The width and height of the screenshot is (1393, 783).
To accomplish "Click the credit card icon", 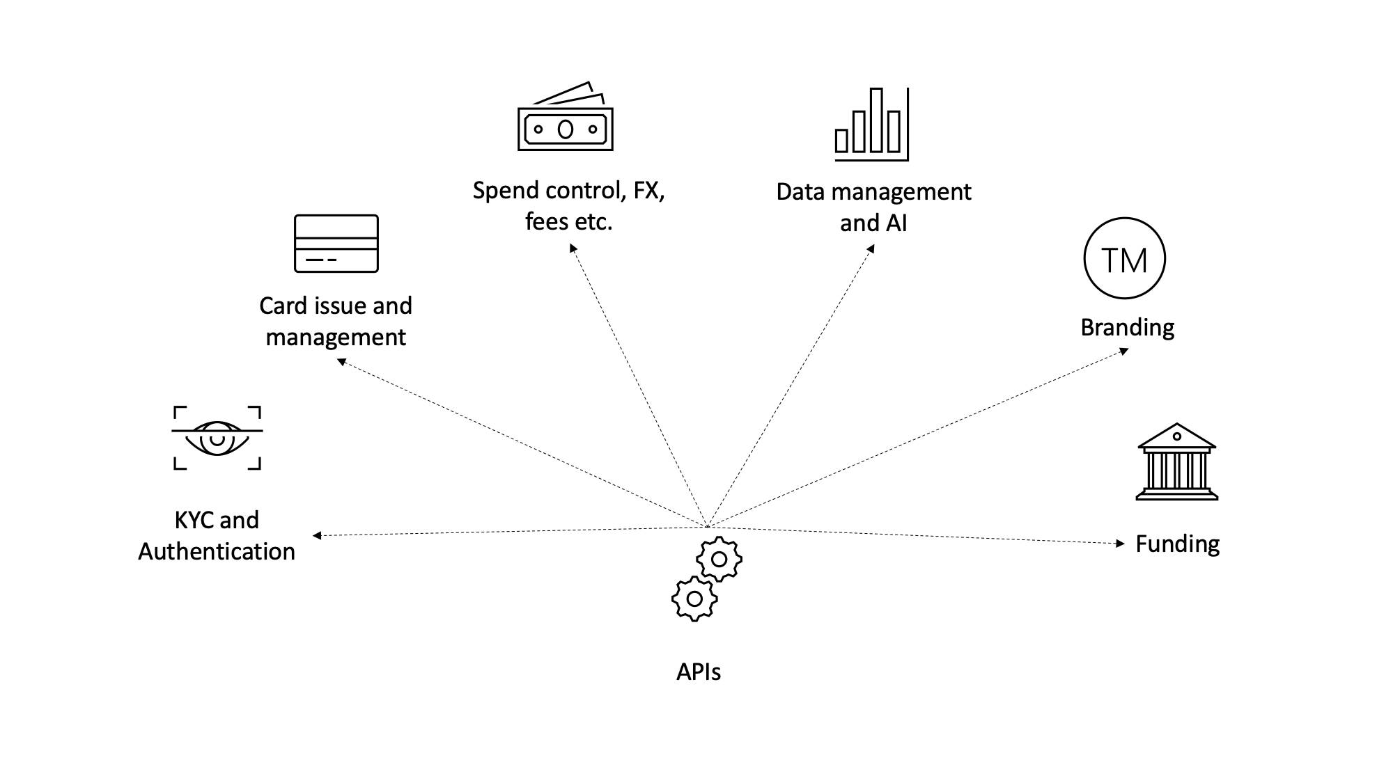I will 336,244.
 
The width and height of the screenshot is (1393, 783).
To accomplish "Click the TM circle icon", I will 1124,258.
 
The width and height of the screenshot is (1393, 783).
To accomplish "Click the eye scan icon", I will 217,438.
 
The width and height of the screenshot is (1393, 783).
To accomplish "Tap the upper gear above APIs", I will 719,559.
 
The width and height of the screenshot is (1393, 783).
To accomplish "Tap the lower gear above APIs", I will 694,599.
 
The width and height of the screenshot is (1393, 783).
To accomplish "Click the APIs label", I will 699,672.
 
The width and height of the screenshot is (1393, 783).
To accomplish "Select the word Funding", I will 1177,544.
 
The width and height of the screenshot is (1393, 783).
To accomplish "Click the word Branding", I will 1127,327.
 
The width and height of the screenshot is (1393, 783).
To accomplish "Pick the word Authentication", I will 217,551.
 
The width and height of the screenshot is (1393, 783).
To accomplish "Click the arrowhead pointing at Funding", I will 1120,544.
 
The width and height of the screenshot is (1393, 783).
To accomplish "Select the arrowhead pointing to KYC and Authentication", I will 317,535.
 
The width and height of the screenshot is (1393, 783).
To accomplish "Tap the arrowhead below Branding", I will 1123,351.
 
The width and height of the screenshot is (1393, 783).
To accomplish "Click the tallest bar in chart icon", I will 876,120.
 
